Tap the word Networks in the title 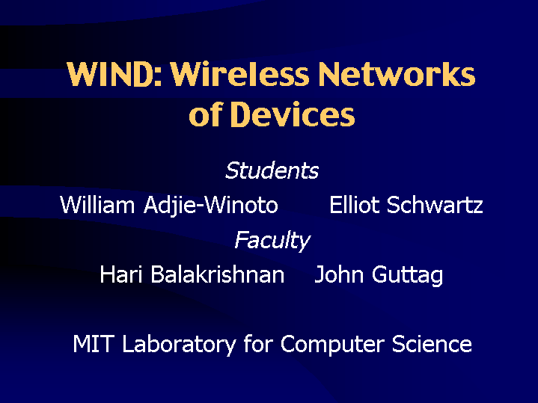pyautogui.click(x=397, y=74)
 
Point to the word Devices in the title pyautogui.click(x=293, y=114)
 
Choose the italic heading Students pyautogui.click(x=272, y=170)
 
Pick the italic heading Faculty pyautogui.click(x=272, y=241)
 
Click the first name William pyautogui.click(x=97, y=205)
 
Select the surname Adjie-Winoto pyautogui.click(x=211, y=206)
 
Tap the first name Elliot pyautogui.click(x=355, y=205)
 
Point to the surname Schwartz pyautogui.click(x=435, y=205)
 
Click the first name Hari pyautogui.click(x=120, y=274)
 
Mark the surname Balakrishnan pyautogui.click(x=218, y=274)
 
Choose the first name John pyautogui.click(x=339, y=274)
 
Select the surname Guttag pyautogui.click(x=407, y=275)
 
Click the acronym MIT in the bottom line pyautogui.click(x=93, y=344)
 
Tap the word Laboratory pyautogui.click(x=179, y=345)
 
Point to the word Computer pyautogui.click(x=332, y=345)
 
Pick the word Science pyautogui.click(x=432, y=344)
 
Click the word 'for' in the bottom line pyautogui.click(x=258, y=344)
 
